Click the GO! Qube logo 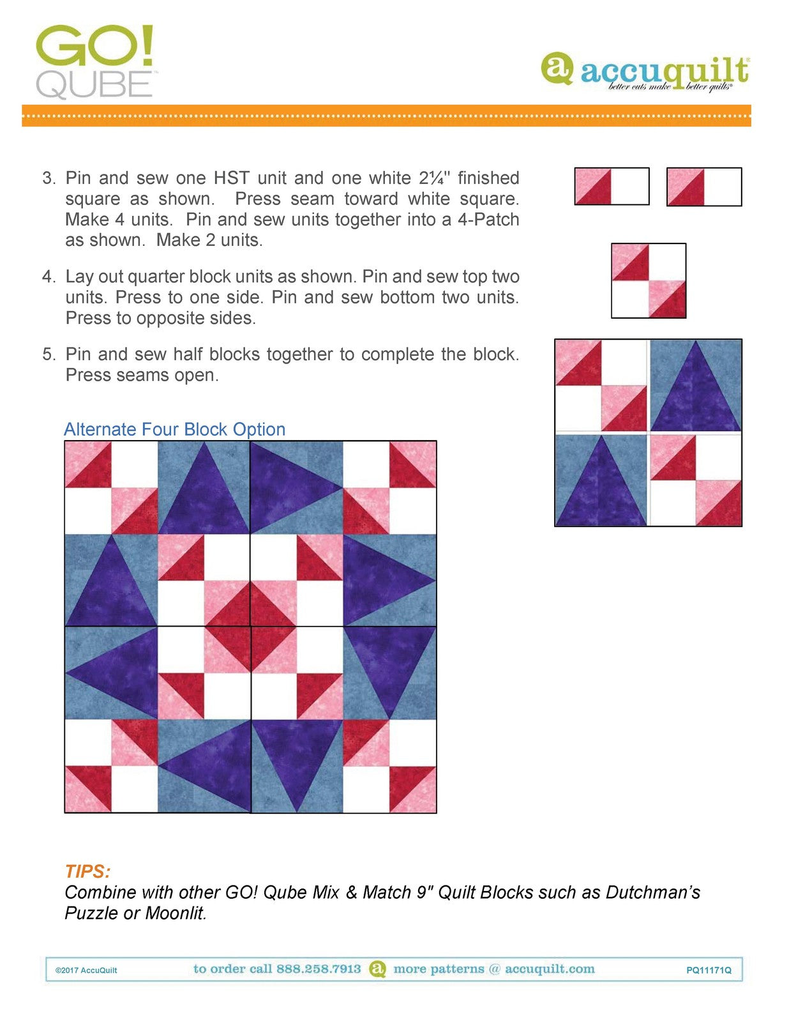coord(94,62)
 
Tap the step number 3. coord(49,178)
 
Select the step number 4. coord(49,277)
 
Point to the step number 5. coord(49,355)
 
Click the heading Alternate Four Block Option coord(174,429)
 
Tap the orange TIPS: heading coord(87,871)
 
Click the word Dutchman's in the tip coord(652,892)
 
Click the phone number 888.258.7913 coord(319,969)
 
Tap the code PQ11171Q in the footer coord(709,970)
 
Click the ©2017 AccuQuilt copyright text coord(86,970)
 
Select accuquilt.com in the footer coord(549,969)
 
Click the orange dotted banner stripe coord(386,116)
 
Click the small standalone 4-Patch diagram coord(649,280)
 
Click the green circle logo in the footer coord(378,969)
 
